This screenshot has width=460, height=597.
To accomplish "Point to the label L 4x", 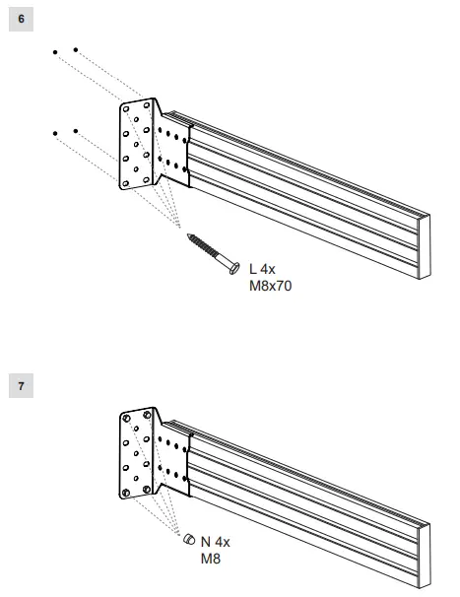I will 262,268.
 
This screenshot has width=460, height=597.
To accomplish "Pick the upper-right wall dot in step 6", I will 76,48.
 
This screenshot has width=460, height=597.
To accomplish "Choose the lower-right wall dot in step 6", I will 76,130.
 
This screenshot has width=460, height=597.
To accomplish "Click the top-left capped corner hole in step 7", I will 125,417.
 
